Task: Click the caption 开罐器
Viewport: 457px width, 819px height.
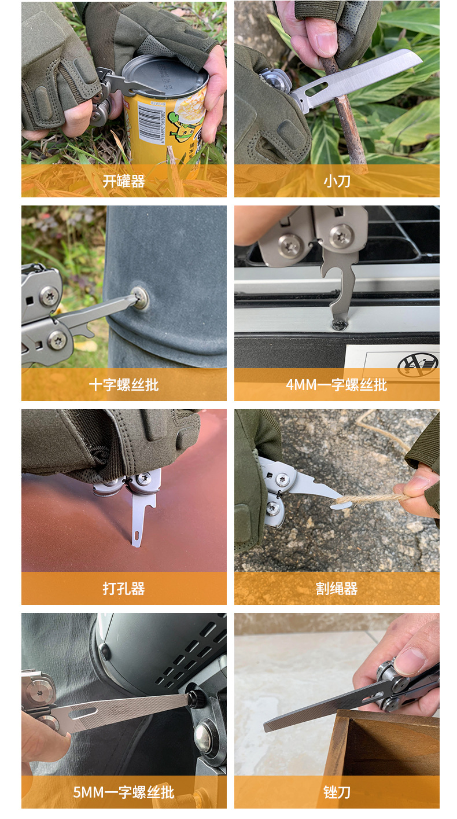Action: pos(123,181)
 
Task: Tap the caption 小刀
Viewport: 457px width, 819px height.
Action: pos(337,181)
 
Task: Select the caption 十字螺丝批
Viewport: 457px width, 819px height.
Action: pos(123,385)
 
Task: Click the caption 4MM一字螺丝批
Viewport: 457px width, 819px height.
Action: pos(337,385)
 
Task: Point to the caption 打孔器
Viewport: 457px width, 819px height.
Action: pos(123,589)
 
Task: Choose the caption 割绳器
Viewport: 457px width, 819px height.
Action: pos(337,589)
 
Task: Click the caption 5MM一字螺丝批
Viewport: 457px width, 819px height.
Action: pos(123,792)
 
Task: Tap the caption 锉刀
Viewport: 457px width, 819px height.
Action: pos(337,792)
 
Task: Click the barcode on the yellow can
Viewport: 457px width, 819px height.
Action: pos(151,123)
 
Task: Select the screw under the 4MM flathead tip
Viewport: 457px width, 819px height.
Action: pos(340,325)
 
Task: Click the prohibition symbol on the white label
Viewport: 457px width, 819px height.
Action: pos(418,364)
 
